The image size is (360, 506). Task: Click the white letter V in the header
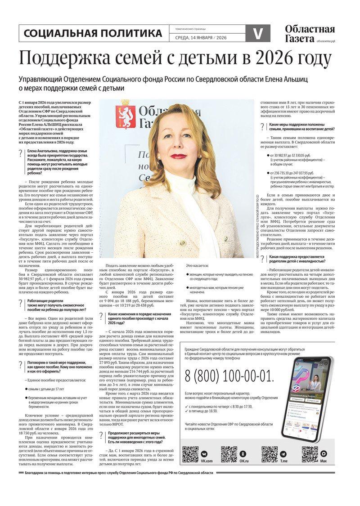pyautogui.click(x=258, y=34)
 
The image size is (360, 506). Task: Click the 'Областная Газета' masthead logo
pyautogui.click(x=310, y=34)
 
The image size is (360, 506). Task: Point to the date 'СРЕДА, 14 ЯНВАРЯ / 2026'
pyautogui.click(x=201, y=38)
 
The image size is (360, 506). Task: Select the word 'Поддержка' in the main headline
pyautogui.click(x=67, y=59)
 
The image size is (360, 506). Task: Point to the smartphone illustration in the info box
pyautogui.click(x=308, y=396)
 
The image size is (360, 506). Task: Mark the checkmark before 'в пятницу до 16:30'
pyautogui.click(x=187, y=411)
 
